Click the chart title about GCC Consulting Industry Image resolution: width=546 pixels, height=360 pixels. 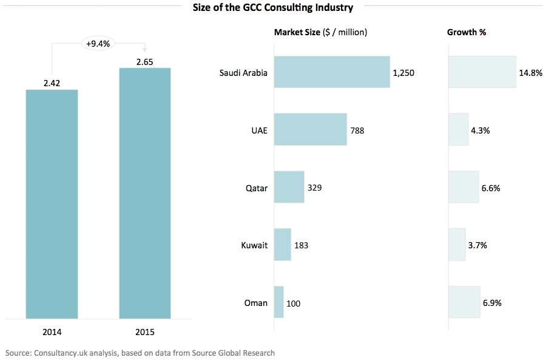pos(272,8)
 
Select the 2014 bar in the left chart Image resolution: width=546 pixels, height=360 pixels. pos(52,203)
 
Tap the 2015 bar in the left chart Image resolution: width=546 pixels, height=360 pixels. pos(145,192)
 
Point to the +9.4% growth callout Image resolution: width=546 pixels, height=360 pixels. pos(98,43)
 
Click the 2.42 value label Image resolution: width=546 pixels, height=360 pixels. pos(52,83)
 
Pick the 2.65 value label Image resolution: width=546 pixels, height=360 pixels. pos(145,61)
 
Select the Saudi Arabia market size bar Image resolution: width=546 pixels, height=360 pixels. pos(332,72)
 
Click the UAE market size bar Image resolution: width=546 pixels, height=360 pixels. pos(311,129)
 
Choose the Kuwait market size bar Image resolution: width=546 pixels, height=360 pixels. pos(283,245)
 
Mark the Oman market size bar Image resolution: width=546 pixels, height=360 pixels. pos(279,302)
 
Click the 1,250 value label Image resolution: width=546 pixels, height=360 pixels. pos(403,73)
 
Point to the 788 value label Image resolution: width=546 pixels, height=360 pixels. pos(357,130)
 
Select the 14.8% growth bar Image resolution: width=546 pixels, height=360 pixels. pos(482,72)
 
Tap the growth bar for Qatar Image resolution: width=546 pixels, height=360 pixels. pos(463,187)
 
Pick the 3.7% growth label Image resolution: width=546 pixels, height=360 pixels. pos(478,245)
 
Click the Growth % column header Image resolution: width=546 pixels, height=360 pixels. pos(467,32)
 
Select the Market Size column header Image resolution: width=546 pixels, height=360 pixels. pos(320,32)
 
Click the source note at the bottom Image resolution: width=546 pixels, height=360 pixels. pos(140,352)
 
